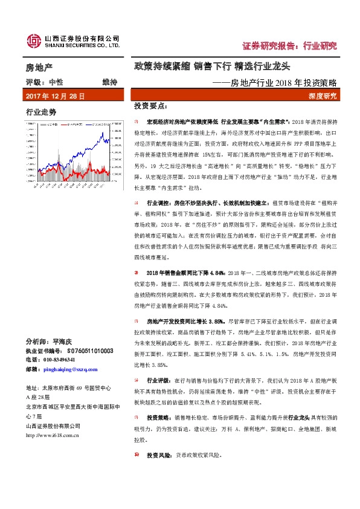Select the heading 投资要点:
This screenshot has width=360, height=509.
pos(149,106)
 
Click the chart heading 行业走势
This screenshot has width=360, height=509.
pos(41,112)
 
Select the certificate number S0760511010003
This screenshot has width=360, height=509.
pos(89,351)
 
